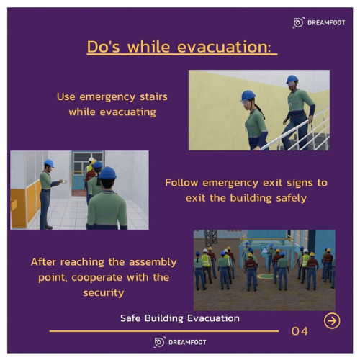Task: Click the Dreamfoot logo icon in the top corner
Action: (298, 23)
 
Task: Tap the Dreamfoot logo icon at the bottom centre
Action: (160, 342)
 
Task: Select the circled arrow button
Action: (332, 320)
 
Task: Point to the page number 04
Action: (300, 331)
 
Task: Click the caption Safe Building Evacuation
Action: (180, 318)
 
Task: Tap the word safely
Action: (291, 197)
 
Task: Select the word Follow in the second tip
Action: (182, 183)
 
